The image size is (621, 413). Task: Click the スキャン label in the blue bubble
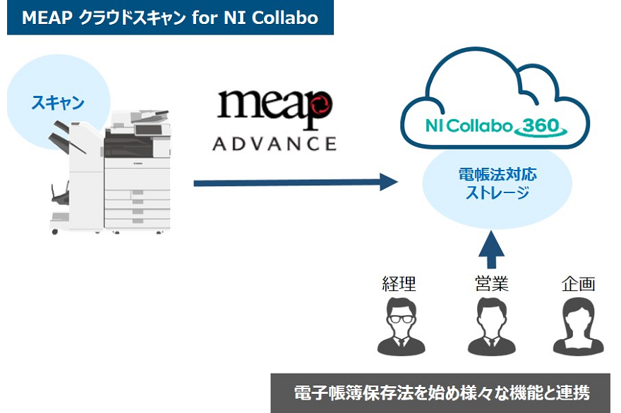coord(58,103)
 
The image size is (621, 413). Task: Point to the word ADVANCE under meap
coord(275,144)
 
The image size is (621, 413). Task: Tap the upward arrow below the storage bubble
coord(491,248)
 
